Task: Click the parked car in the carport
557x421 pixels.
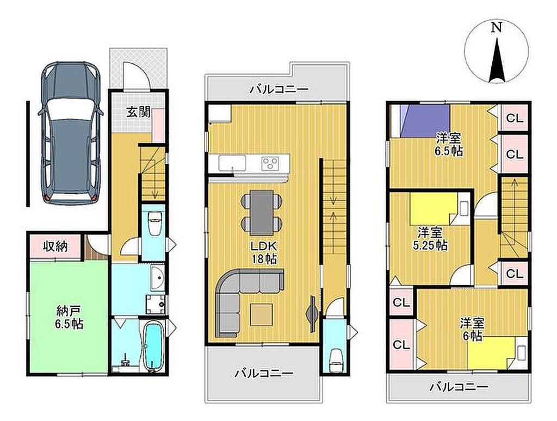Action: [x=70, y=133]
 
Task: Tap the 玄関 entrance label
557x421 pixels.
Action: [x=138, y=112]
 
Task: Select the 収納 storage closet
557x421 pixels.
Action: [x=55, y=246]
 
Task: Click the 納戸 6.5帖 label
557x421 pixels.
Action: [x=69, y=318]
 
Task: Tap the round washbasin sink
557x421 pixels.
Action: [x=157, y=278]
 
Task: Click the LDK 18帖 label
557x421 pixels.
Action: [x=264, y=252]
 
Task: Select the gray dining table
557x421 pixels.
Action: [x=262, y=212]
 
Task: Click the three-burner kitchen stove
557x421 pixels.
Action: [x=271, y=163]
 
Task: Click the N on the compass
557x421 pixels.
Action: [x=496, y=28]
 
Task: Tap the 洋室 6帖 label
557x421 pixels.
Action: [x=473, y=330]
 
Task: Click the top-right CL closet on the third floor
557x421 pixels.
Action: [x=515, y=118]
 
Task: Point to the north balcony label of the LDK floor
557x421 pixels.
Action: [x=278, y=89]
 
